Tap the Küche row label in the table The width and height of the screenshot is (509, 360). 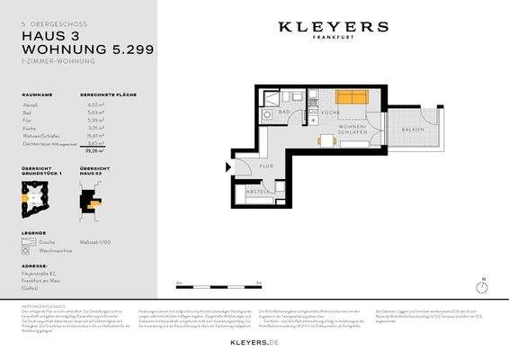(29, 127)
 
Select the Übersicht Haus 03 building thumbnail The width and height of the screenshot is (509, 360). (91, 202)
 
